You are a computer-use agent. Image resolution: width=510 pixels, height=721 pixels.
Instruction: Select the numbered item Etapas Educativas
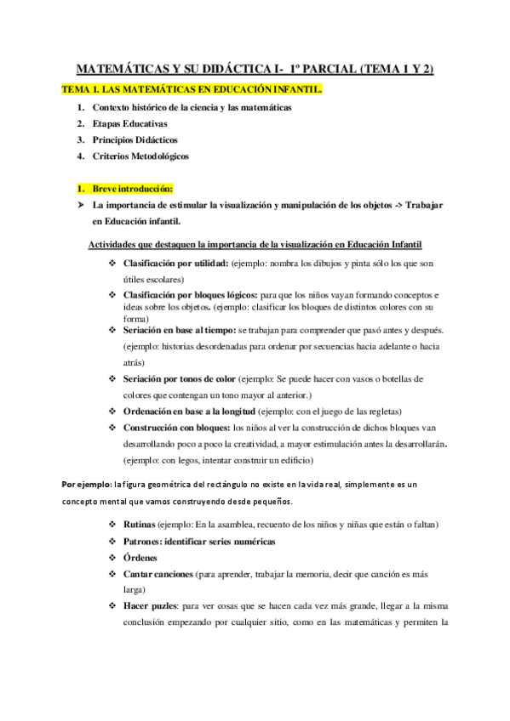tap(130, 124)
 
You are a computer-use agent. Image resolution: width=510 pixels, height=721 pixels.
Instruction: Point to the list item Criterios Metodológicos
tap(140, 156)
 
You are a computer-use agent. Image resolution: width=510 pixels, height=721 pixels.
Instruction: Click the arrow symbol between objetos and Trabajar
tap(394, 206)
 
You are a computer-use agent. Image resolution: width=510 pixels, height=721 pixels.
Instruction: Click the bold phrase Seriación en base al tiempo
tap(180, 328)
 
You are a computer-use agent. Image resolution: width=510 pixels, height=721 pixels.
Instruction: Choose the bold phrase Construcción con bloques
tap(176, 428)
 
